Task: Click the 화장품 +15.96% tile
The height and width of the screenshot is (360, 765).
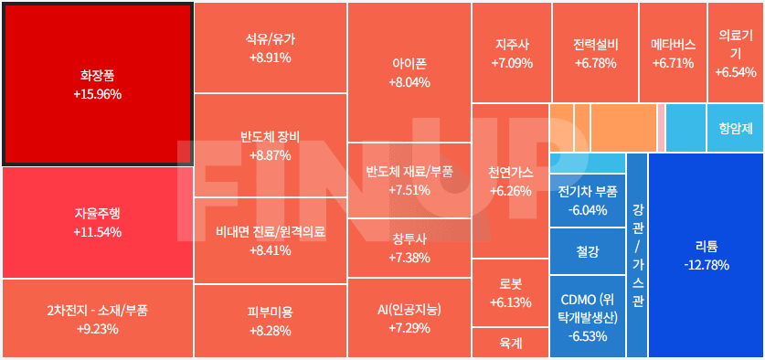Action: (x=97, y=84)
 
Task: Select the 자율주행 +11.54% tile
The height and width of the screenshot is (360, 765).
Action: (x=97, y=222)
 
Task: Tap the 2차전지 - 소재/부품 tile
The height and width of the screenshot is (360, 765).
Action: (x=97, y=319)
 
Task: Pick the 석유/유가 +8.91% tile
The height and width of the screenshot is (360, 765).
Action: (x=270, y=48)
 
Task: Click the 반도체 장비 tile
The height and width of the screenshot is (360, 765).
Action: (x=270, y=145)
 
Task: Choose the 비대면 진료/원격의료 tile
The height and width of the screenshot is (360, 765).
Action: (x=270, y=240)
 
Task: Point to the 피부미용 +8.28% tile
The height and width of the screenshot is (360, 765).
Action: (x=270, y=321)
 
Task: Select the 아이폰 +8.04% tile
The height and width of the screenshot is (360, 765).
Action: (x=409, y=72)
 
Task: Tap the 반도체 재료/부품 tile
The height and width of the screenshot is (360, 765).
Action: (x=409, y=180)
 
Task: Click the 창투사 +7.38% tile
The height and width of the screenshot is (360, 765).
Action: (x=409, y=248)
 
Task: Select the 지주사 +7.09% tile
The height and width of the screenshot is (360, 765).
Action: (x=511, y=52)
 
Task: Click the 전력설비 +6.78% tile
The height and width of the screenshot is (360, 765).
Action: (x=595, y=52)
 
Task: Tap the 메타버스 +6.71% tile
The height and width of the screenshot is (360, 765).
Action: (x=673, y=52)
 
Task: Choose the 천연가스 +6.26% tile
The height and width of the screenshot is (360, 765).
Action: (x=510, y=181)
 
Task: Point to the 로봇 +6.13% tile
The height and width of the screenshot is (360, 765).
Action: (x=510, y=292)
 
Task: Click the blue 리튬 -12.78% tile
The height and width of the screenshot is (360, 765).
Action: (x=706, y=255)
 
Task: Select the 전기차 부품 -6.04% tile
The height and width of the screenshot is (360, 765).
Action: (x=587, y=200)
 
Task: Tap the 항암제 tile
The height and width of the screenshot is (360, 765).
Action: (x=736, y=129)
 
